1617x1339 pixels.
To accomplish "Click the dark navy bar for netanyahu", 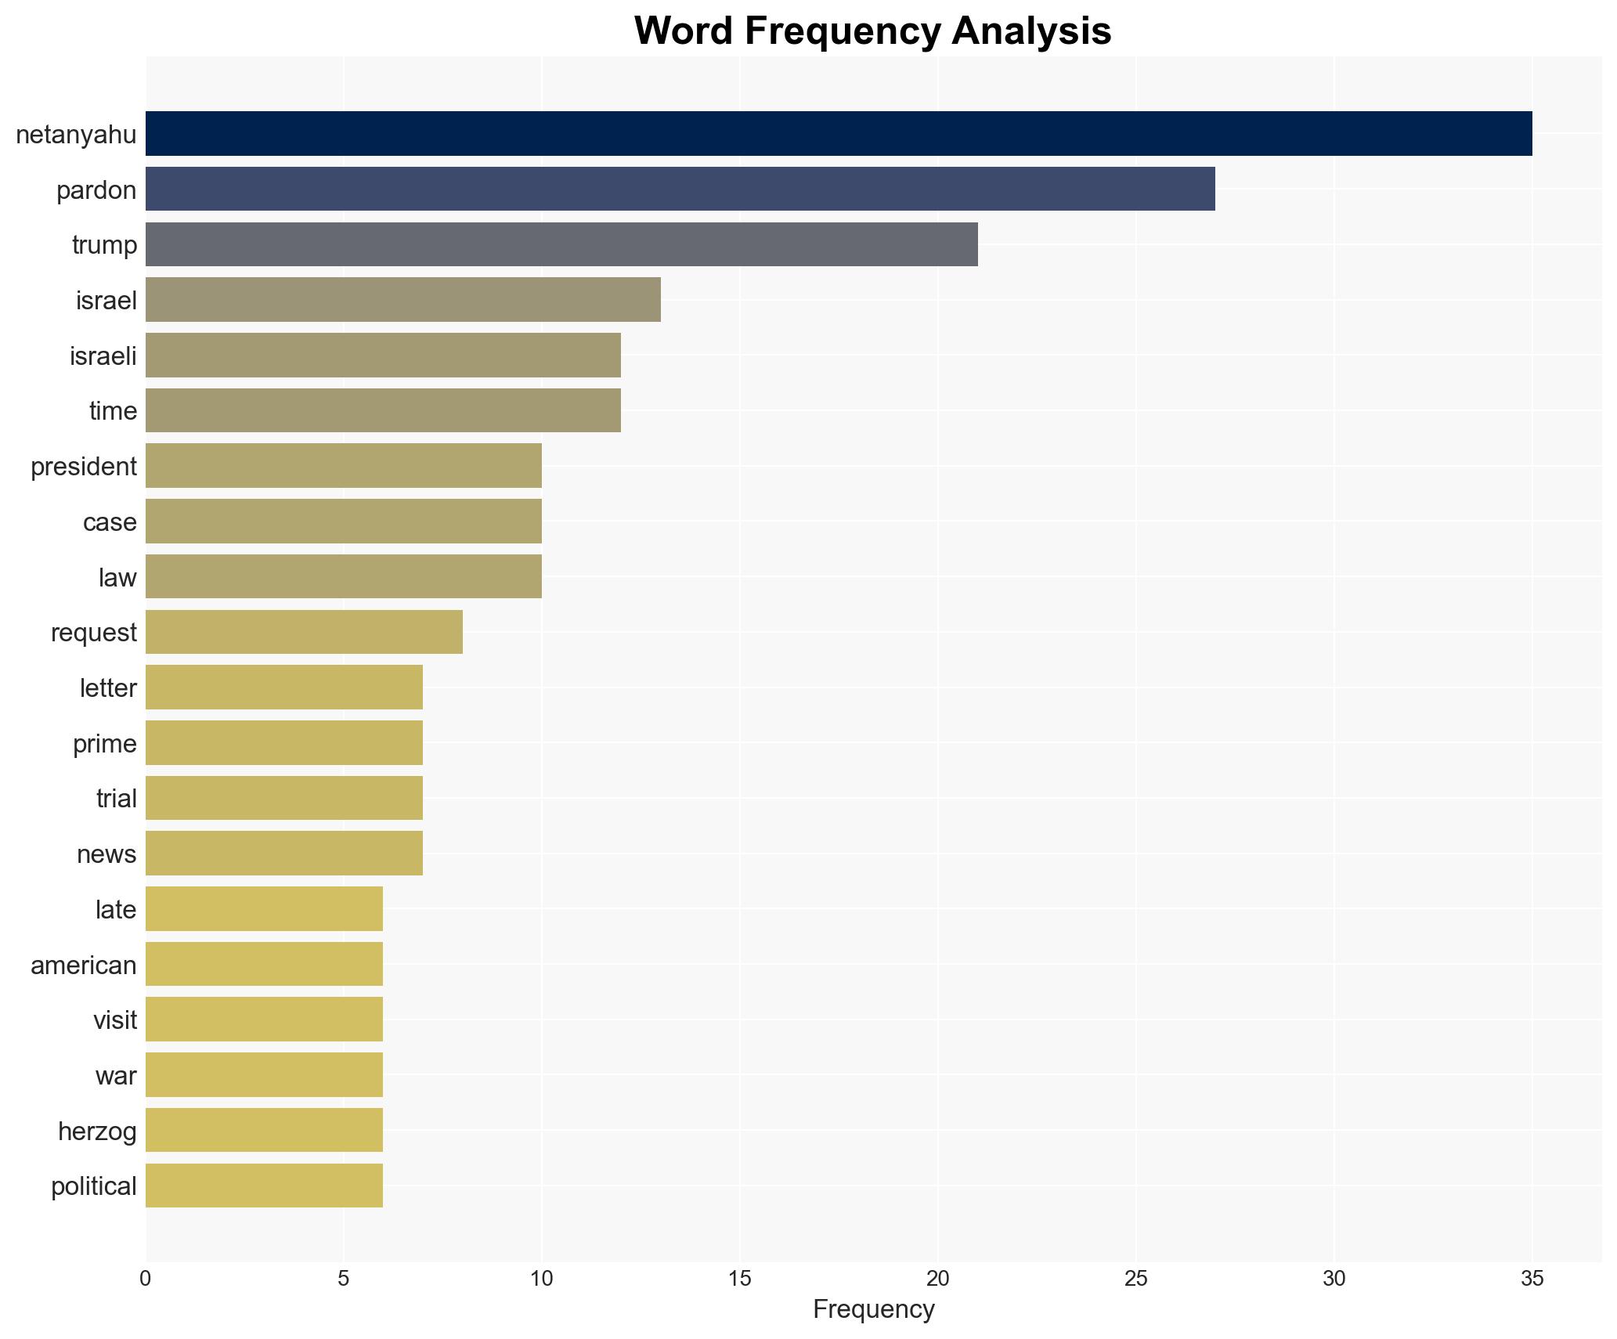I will [838, 134].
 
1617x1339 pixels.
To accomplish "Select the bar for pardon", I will [680, 189].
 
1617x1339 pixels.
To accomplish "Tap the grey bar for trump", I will [561, 244].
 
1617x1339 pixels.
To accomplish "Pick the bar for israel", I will [402, 300].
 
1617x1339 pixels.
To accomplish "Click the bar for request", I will [304, 632].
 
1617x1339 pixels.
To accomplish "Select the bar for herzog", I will [264, 1130].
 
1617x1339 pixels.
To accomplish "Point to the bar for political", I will [264, 1186].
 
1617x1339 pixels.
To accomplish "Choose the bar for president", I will [343, 466].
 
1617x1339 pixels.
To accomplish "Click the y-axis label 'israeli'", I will [103, 356].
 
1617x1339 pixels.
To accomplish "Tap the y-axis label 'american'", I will [83, 965].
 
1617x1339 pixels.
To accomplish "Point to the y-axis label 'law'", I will [117, 578].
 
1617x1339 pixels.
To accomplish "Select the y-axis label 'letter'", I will [107, 688].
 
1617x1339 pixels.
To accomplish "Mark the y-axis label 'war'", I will [115, 1076].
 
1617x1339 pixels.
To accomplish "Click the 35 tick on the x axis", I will [1532, 1279].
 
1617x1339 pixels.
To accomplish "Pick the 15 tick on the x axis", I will [739, 1279].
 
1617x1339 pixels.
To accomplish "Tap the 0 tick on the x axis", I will [146, 1279].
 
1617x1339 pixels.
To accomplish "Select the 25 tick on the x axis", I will [1135, 1279].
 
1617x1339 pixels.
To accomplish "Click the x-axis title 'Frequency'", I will [873, 1309].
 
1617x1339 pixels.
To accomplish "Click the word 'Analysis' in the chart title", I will [1031, 31].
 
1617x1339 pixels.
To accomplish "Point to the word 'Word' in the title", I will [684, 31].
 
